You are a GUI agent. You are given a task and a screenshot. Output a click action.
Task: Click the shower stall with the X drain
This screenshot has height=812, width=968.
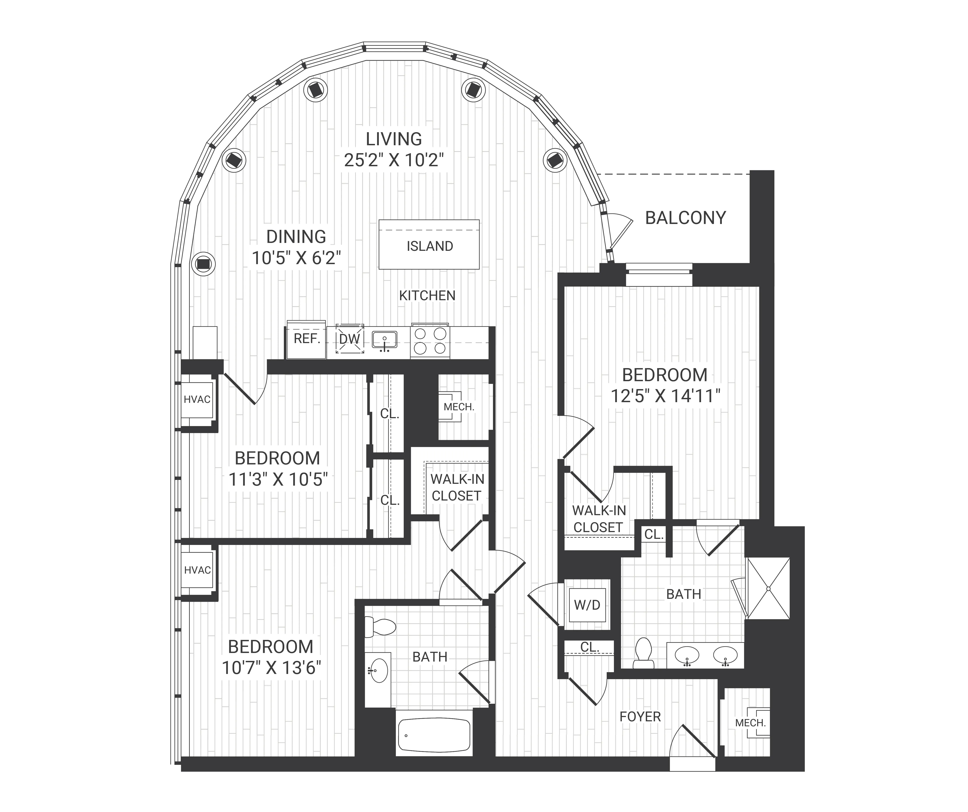pos(768,588)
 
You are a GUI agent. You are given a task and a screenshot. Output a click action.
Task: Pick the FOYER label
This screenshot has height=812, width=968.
pos(640,717)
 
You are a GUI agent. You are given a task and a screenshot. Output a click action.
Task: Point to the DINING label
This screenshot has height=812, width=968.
pos(296,236)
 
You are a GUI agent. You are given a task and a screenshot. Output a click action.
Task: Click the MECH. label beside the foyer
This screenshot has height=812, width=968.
pos(750,723)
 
